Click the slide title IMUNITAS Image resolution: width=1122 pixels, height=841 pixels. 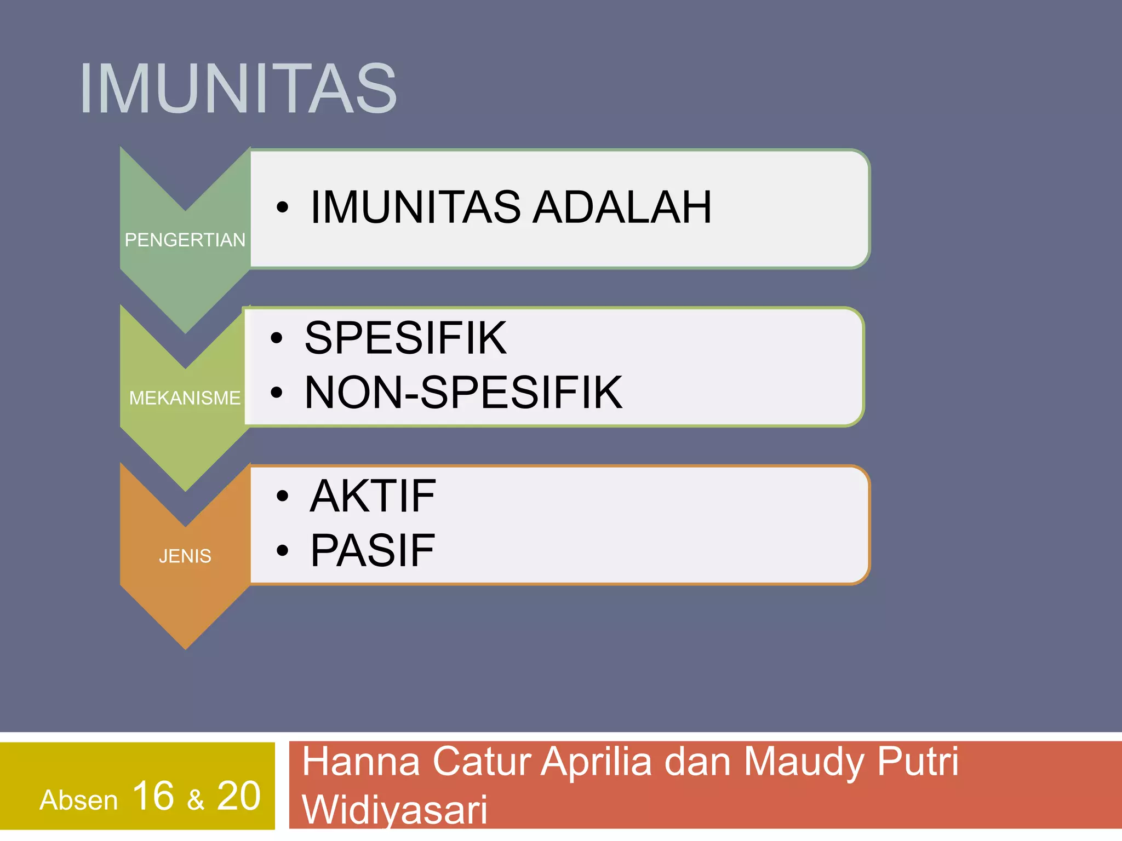coord(238,89)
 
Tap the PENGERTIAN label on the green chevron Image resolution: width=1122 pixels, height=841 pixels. coord(185,240)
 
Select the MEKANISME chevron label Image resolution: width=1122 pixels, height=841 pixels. coord(185,398)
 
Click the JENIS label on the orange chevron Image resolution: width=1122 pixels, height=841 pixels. coord(185,556)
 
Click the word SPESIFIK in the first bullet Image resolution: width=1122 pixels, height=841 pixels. coord(405,338)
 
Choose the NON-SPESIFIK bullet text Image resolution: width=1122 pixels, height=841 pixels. coord(463,392)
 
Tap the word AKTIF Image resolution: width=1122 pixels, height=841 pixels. coord(373,496)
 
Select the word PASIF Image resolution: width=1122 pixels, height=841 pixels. coord(373,550)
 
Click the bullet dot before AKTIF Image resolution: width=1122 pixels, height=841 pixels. coord(282,496)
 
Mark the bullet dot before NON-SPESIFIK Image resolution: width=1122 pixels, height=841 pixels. coord(277,392)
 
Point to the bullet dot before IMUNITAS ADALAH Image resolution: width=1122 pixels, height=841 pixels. coord(282,207)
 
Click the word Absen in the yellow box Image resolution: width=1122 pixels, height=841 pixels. coord(79,800)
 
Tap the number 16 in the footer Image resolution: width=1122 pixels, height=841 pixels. coord(153,796)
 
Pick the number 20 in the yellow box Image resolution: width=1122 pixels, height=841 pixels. coord(239,796)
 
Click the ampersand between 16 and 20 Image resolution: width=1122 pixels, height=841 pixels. coord(196,800)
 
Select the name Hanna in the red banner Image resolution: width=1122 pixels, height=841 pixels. coord(361,762)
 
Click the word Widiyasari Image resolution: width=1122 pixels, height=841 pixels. coord(394,809)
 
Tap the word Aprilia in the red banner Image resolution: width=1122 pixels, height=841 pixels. coord(597,762)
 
